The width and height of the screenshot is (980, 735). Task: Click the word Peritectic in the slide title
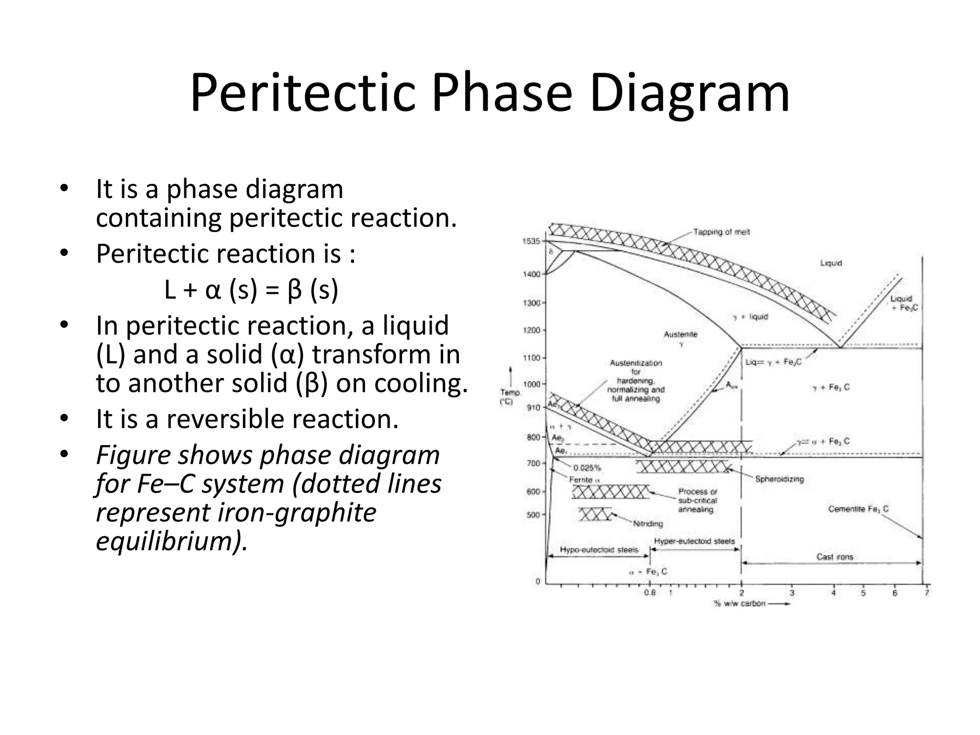(302, 93)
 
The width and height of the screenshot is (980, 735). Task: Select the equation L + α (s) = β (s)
(251, 290)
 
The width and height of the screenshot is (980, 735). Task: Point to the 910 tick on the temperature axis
(534, 408)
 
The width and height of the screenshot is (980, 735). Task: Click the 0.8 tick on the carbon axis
(650, 593)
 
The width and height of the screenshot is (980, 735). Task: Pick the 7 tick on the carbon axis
(926, 593)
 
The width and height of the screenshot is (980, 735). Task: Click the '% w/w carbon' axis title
(740, 604)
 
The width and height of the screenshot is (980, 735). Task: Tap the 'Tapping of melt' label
(722, 232)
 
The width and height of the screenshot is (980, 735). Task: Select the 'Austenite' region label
(680, 334)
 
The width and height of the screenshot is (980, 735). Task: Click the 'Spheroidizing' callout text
(780, 479)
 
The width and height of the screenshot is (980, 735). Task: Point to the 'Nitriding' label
(648, 524)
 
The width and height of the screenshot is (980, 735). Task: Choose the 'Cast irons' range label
(835, 557)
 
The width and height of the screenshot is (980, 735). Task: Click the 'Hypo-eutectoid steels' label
(599, 550)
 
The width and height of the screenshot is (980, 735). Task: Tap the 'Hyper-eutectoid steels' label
(694, 541)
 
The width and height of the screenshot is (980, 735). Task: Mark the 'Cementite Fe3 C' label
(858, 509)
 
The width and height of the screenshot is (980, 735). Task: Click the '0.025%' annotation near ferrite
(587, 468)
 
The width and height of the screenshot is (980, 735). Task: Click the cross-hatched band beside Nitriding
(595, 514)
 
